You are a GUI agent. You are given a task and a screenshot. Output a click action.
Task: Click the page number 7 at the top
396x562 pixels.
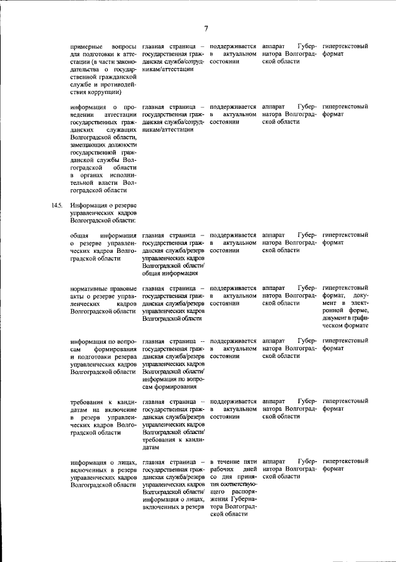click(x=206, y=27)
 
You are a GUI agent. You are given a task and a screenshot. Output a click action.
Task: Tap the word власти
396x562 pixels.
click(x=110, y=183)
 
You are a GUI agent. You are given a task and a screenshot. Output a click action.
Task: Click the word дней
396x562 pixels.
click(x=249, y=469)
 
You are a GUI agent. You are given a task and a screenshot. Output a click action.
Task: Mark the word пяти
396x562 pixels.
click(x=250, y=462)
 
